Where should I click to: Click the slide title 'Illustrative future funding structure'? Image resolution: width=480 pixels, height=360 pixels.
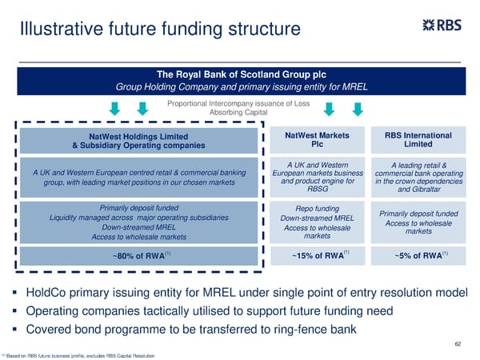160,30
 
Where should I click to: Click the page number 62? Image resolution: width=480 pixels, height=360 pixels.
458,344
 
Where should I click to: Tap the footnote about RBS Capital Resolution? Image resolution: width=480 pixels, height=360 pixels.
80,355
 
